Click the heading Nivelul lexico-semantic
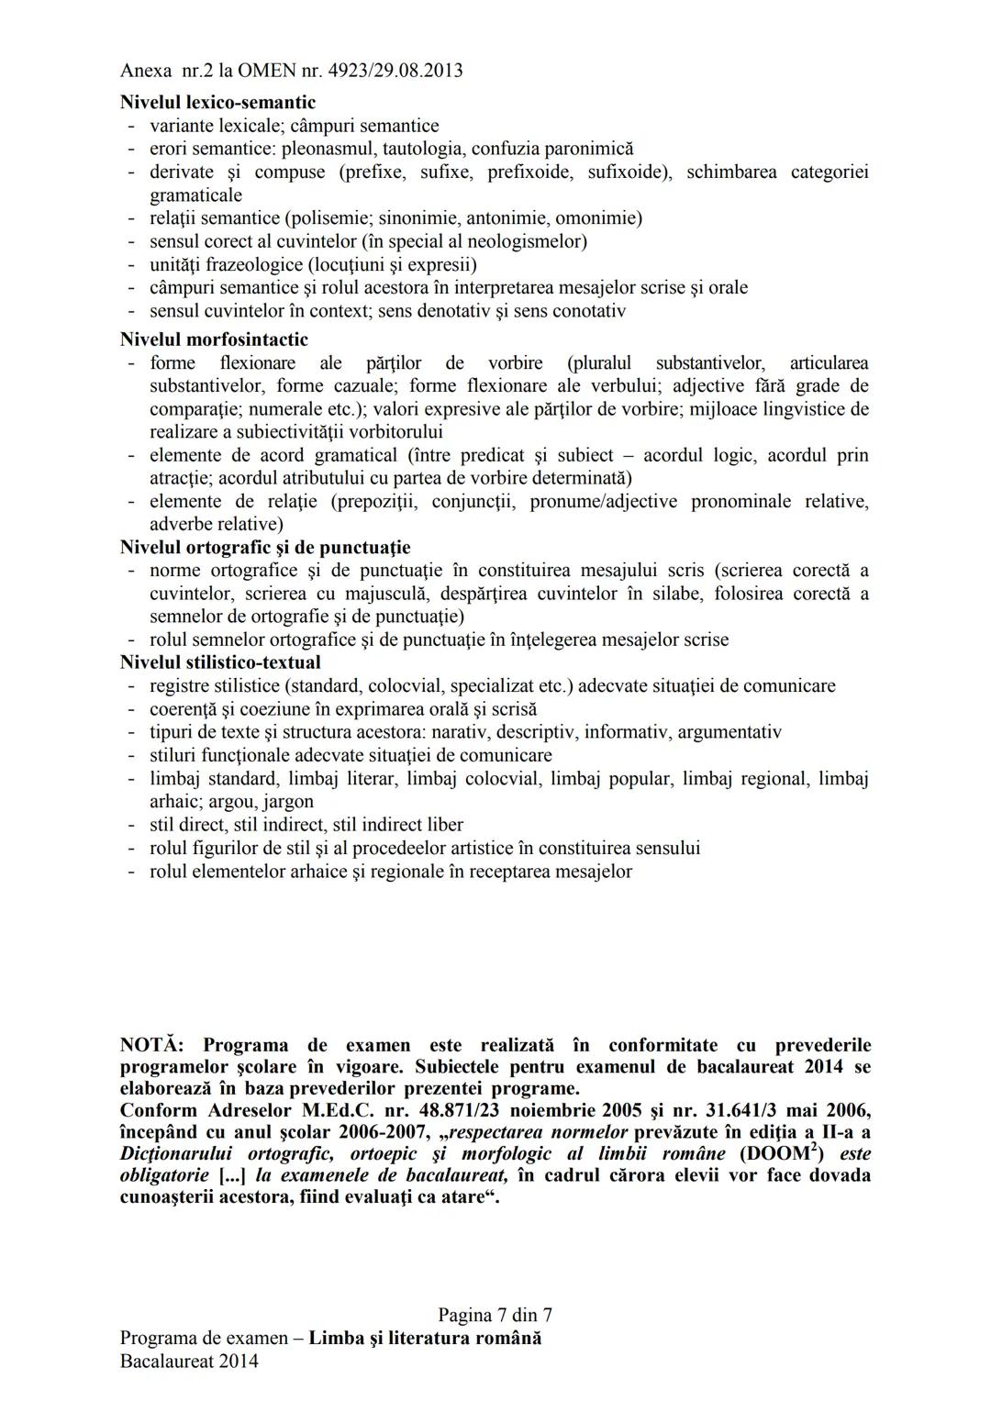coord(217,102)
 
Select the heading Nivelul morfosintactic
coord(214,339)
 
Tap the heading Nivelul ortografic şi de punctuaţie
coord(265,548)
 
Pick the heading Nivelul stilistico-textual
coord(220,662)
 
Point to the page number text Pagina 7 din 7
coord(495,1315)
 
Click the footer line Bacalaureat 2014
coord(189,1361)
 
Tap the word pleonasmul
coord(328,149)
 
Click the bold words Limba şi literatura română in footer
coord(425,1338)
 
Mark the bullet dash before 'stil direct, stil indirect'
coord(131,826)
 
